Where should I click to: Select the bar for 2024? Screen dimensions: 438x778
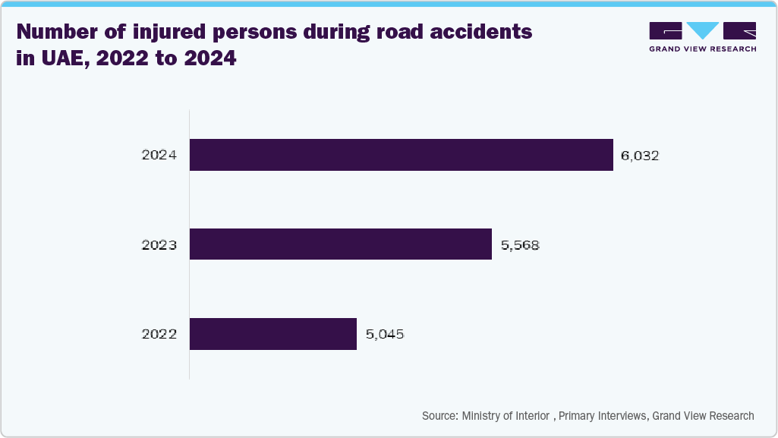tap(401, 155)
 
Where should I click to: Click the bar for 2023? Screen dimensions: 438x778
tap(341, 244)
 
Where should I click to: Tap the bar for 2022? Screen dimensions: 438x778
tap(273, 334)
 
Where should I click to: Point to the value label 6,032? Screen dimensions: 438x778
tap(640, 156)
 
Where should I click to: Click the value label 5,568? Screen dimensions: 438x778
tap(520, 245)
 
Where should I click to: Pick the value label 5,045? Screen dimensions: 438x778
tap(384, 335)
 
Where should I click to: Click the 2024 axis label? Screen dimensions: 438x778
tap(159, 156)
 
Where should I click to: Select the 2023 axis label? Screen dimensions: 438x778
tap(159, 245)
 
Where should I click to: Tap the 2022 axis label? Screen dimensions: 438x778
tap(159, 335)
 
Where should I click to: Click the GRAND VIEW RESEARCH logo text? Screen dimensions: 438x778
tap(702, 49)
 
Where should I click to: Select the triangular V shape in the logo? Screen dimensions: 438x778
tap(702, 30)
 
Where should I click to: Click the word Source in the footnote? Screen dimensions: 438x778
tap(439, 416)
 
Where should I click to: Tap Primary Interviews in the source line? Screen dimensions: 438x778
tap(603, 416)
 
